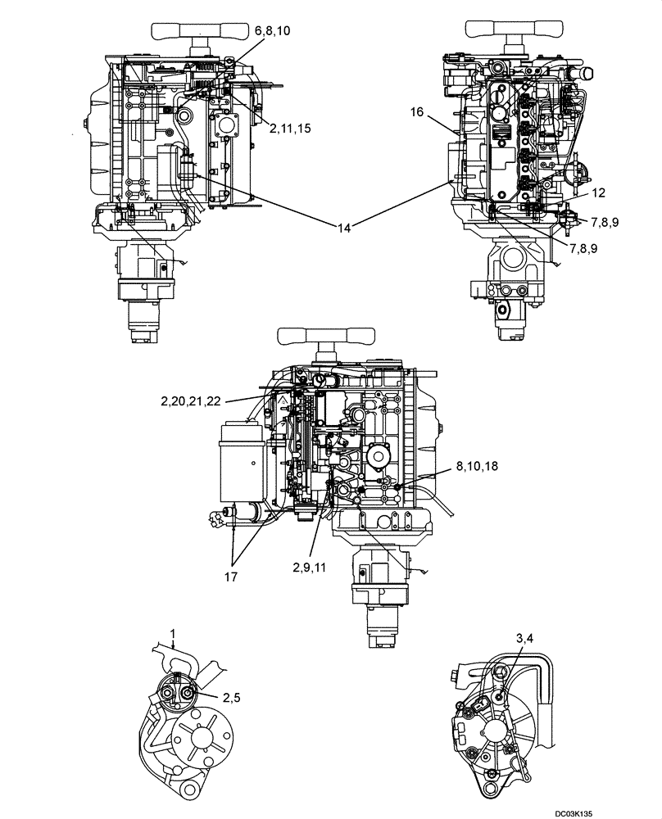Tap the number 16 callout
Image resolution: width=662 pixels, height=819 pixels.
pyautogui.click(x=418, y=113)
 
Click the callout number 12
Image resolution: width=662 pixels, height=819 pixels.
pyautogui.click(x=599, y=192)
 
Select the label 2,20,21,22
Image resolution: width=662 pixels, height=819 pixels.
pyautogui.click(x=191, y=400)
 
